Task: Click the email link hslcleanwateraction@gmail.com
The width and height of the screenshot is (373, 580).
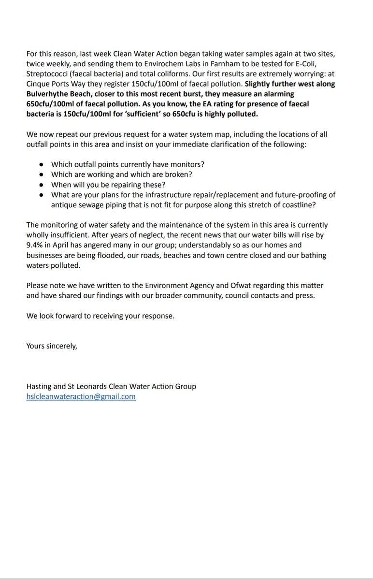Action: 81,396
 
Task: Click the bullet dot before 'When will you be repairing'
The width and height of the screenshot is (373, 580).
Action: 42,185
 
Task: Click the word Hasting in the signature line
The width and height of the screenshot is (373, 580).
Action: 40,387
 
